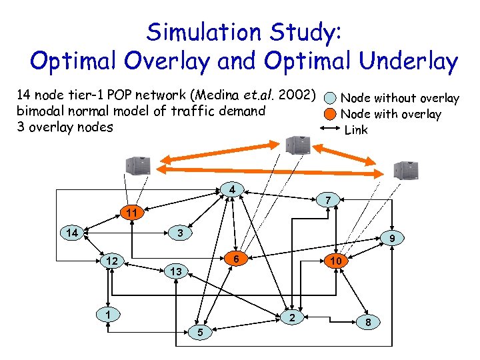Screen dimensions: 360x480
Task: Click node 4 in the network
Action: pos(231,190)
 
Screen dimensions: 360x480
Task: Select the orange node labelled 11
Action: pos(132,213)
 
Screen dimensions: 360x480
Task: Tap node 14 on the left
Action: pos(71,233)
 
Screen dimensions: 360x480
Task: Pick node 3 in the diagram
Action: pos(179,233)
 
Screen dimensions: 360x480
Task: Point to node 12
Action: pos(113,261)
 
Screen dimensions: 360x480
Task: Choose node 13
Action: pos(175,271)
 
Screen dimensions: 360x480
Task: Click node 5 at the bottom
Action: pos(199,331)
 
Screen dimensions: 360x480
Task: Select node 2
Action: pos(291,317)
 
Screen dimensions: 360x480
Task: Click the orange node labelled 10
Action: pos(337,261)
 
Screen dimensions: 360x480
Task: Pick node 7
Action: pos(327,199)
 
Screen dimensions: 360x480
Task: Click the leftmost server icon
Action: pos(139,166)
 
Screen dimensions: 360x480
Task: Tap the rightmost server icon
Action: pos(404,171)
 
